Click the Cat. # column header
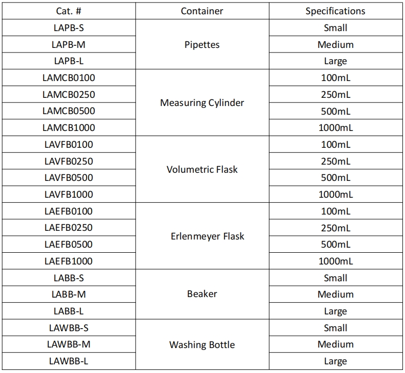[68, 11]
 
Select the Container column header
[202, 11]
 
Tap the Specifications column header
[335, 11]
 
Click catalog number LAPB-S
[68, 28]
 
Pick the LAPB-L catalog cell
[68, 61]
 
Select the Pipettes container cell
[202, 44]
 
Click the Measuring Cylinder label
[202, 102]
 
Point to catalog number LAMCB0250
[68, 94]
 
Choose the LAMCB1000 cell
[68, 128]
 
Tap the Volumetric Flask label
[202, 169]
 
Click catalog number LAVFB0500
[68, 178]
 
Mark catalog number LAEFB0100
[68, 211]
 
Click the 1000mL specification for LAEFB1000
[335, 261]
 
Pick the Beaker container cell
[202, 294]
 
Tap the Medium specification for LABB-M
[335, 295]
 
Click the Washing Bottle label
[202, 344]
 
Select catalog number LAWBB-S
[68, 328]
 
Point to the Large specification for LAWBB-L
[335, 361]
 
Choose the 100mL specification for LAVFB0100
[335, 144]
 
